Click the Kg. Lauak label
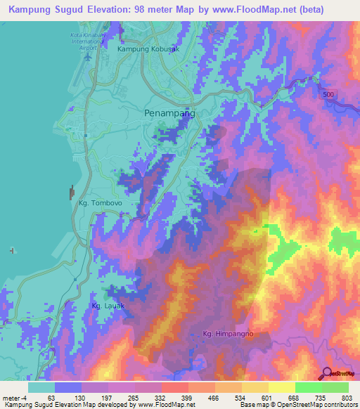tap(108, 306)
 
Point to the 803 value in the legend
tap(338, 398)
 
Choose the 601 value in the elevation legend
tap(259, 398)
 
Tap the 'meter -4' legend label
tap(15, 398)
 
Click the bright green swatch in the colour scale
tap(308, 387)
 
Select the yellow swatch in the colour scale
tap(281, 387)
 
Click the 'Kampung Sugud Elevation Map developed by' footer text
tap(49, 405)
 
